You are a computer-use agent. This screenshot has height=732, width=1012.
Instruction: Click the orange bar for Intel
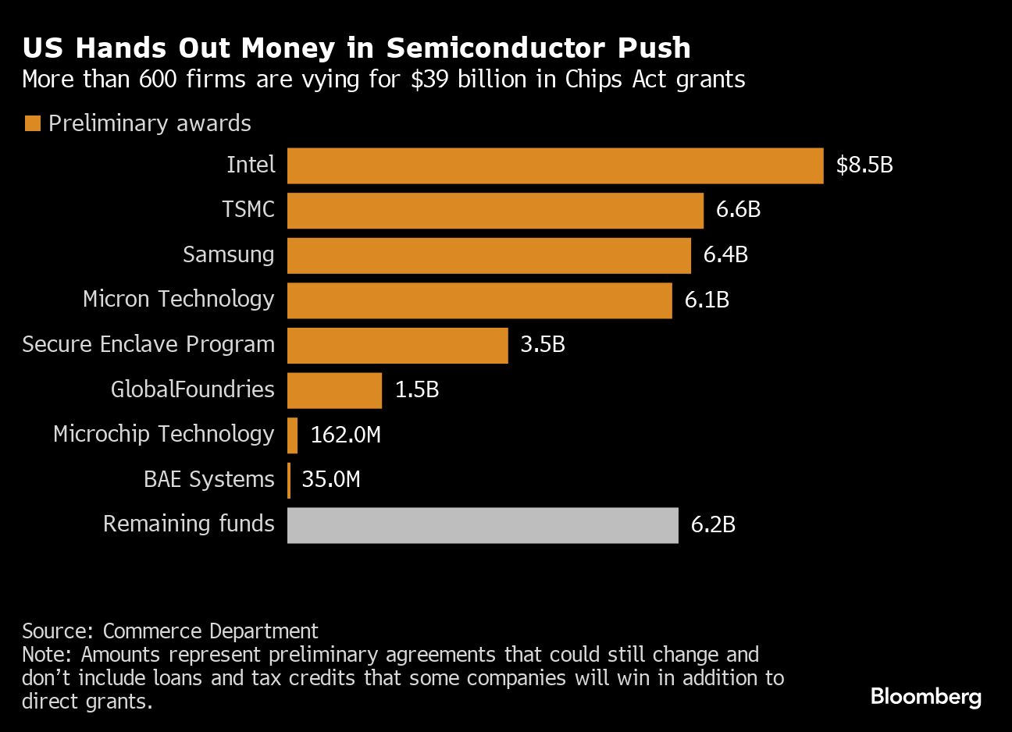point(555,165)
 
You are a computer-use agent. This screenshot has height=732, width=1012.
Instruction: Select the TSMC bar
point(495,211)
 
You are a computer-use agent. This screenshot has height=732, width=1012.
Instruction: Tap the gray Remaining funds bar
point(483,525)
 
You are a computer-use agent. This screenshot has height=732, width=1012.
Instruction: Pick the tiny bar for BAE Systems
point(289,480)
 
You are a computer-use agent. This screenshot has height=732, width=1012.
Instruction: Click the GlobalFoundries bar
point(334,390)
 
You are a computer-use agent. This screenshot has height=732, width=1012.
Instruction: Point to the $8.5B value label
point(864,165)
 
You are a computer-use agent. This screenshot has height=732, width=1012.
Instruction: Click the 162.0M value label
point(345,435)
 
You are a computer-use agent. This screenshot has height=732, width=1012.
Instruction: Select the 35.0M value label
point(331,479)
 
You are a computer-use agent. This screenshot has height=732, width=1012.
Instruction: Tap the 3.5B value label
point(542,345)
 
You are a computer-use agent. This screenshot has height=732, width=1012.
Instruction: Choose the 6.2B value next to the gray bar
point(713,524)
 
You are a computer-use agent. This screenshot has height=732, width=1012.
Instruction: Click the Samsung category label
point(228,255)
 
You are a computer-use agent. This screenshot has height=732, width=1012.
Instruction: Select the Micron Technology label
point(178,300)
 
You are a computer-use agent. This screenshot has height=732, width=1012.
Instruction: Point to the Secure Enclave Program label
point(148,345)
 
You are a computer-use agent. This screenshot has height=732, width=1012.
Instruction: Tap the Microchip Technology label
point(163,435)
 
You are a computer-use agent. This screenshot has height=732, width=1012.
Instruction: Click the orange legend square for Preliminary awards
point(32,123)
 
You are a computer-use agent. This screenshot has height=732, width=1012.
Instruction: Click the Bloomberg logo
point(925,696)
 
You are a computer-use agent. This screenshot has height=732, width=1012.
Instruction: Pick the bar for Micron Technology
point(479,300)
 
